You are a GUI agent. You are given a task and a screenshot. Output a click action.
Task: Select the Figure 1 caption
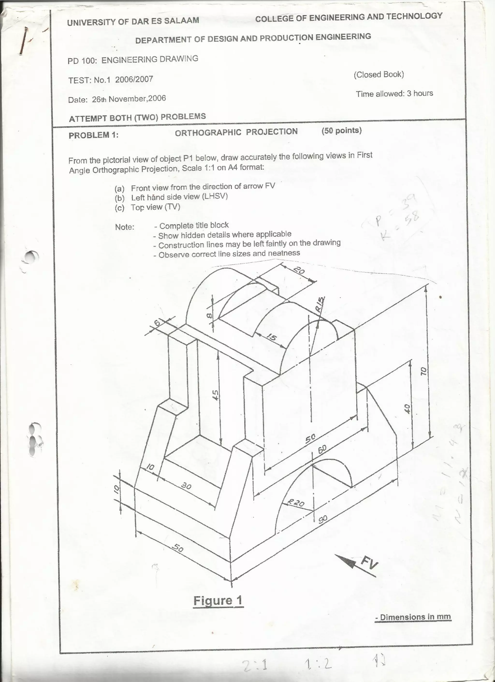[x=218, y=600]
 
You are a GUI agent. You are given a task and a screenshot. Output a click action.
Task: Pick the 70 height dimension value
[x=423, y=371]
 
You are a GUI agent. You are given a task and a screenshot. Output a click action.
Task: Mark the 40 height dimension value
[x=407, y=408]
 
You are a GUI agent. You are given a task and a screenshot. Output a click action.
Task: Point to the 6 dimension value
[x=157, y=323]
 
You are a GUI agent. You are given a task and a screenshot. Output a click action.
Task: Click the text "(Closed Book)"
[x=379, y=74]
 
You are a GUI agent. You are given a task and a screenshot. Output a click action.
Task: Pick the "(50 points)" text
[x=341, y=130]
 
